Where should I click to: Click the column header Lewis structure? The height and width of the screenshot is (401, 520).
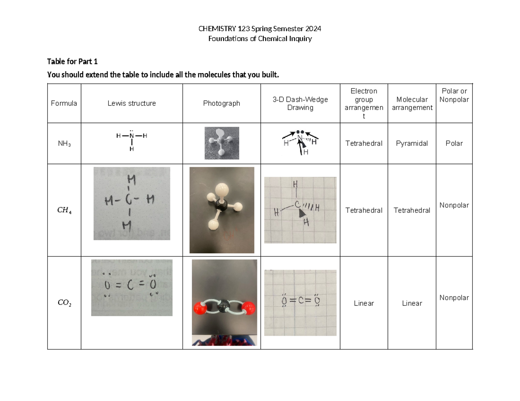[132, 103]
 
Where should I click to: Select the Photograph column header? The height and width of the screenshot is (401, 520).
[221, 103]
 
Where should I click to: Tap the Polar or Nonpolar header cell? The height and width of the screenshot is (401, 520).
[454, 95]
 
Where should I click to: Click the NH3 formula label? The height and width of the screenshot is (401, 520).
[64, 144]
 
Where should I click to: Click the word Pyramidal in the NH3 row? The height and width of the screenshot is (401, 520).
[412, 143]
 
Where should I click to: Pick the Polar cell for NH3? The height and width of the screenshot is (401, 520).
[454, 143]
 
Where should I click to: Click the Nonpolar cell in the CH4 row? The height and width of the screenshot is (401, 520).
[454, 205]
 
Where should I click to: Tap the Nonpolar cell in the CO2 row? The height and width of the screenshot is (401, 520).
[454, 298]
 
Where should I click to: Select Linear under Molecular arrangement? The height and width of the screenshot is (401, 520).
[412, 303]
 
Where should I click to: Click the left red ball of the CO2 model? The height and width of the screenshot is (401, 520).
[199, 309]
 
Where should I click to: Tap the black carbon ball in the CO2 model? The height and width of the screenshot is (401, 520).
[224, 307]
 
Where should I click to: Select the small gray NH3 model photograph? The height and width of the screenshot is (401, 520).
[221, 143]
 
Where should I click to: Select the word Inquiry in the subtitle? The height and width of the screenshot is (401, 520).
[300, 38]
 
